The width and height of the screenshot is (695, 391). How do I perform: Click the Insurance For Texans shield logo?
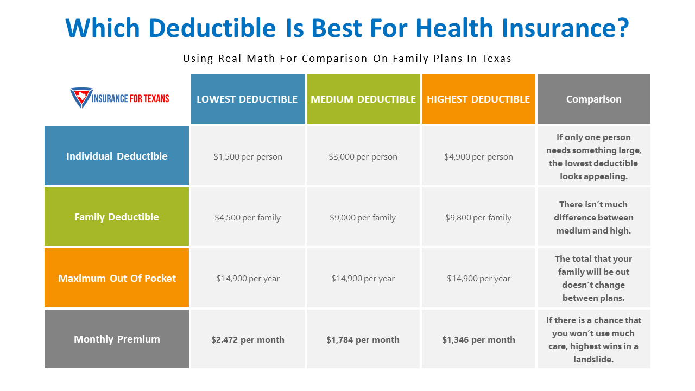[81, 98]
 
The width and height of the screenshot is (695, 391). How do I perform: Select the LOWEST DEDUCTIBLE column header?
[247, 99]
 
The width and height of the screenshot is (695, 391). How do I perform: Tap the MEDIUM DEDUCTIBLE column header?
[363, 99]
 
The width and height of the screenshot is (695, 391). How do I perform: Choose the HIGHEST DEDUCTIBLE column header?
[478, 99]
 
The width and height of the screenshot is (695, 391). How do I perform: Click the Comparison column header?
[594, 99]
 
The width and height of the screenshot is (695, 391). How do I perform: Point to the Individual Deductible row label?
[117, 156]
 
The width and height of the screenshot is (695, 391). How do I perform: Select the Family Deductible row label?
[117, 217]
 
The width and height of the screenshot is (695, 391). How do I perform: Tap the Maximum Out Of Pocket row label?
[117, 278]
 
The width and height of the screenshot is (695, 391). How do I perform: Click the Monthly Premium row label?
[117, 339]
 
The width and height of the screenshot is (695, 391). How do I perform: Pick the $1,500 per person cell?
[248, 157]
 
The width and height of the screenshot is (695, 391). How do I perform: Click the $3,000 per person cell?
[363, 157]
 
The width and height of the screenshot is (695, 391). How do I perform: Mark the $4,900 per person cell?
[478, 157]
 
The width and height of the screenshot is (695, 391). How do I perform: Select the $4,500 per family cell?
[248, 218]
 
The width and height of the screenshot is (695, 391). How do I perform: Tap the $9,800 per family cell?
[478, 218]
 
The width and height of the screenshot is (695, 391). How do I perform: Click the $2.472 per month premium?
[248, 340]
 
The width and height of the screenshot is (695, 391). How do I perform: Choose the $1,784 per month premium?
[363, 340]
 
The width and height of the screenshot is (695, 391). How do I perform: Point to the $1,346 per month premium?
[478, 340]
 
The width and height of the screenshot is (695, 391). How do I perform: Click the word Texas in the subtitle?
[496, 59]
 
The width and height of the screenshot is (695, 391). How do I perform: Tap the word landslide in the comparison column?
[593, 360]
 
